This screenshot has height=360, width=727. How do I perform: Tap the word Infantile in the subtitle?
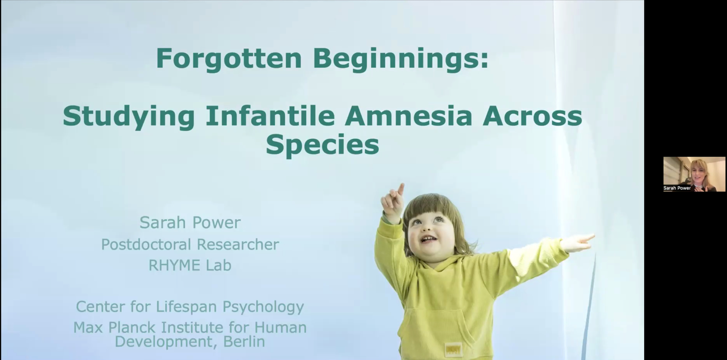[x=270, y=116]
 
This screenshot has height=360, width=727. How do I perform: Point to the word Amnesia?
[x=409, y=116]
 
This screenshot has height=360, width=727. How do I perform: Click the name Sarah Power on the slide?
[x=190, y=223]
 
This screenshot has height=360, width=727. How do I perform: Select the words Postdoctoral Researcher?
[x=190, y=244]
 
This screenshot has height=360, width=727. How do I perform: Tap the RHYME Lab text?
[x=190, y=265]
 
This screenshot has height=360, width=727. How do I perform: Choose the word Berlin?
[x=244, y=341]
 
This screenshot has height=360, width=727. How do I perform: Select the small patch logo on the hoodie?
[x=454, y=349]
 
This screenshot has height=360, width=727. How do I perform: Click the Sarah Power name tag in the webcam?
[x=677, y=188]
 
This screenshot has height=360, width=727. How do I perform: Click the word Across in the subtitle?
[x=533, y=116]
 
